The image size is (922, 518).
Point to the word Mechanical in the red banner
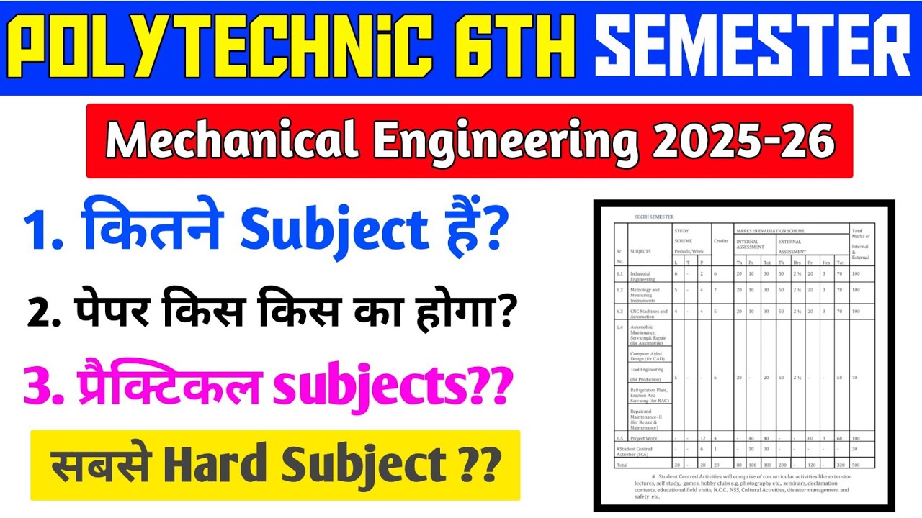(x=233, y=140)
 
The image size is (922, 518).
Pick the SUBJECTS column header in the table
(x=641, y=251)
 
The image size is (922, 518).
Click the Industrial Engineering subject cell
(x=643, y=276)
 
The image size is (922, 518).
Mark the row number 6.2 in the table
(x=619, y=290)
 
